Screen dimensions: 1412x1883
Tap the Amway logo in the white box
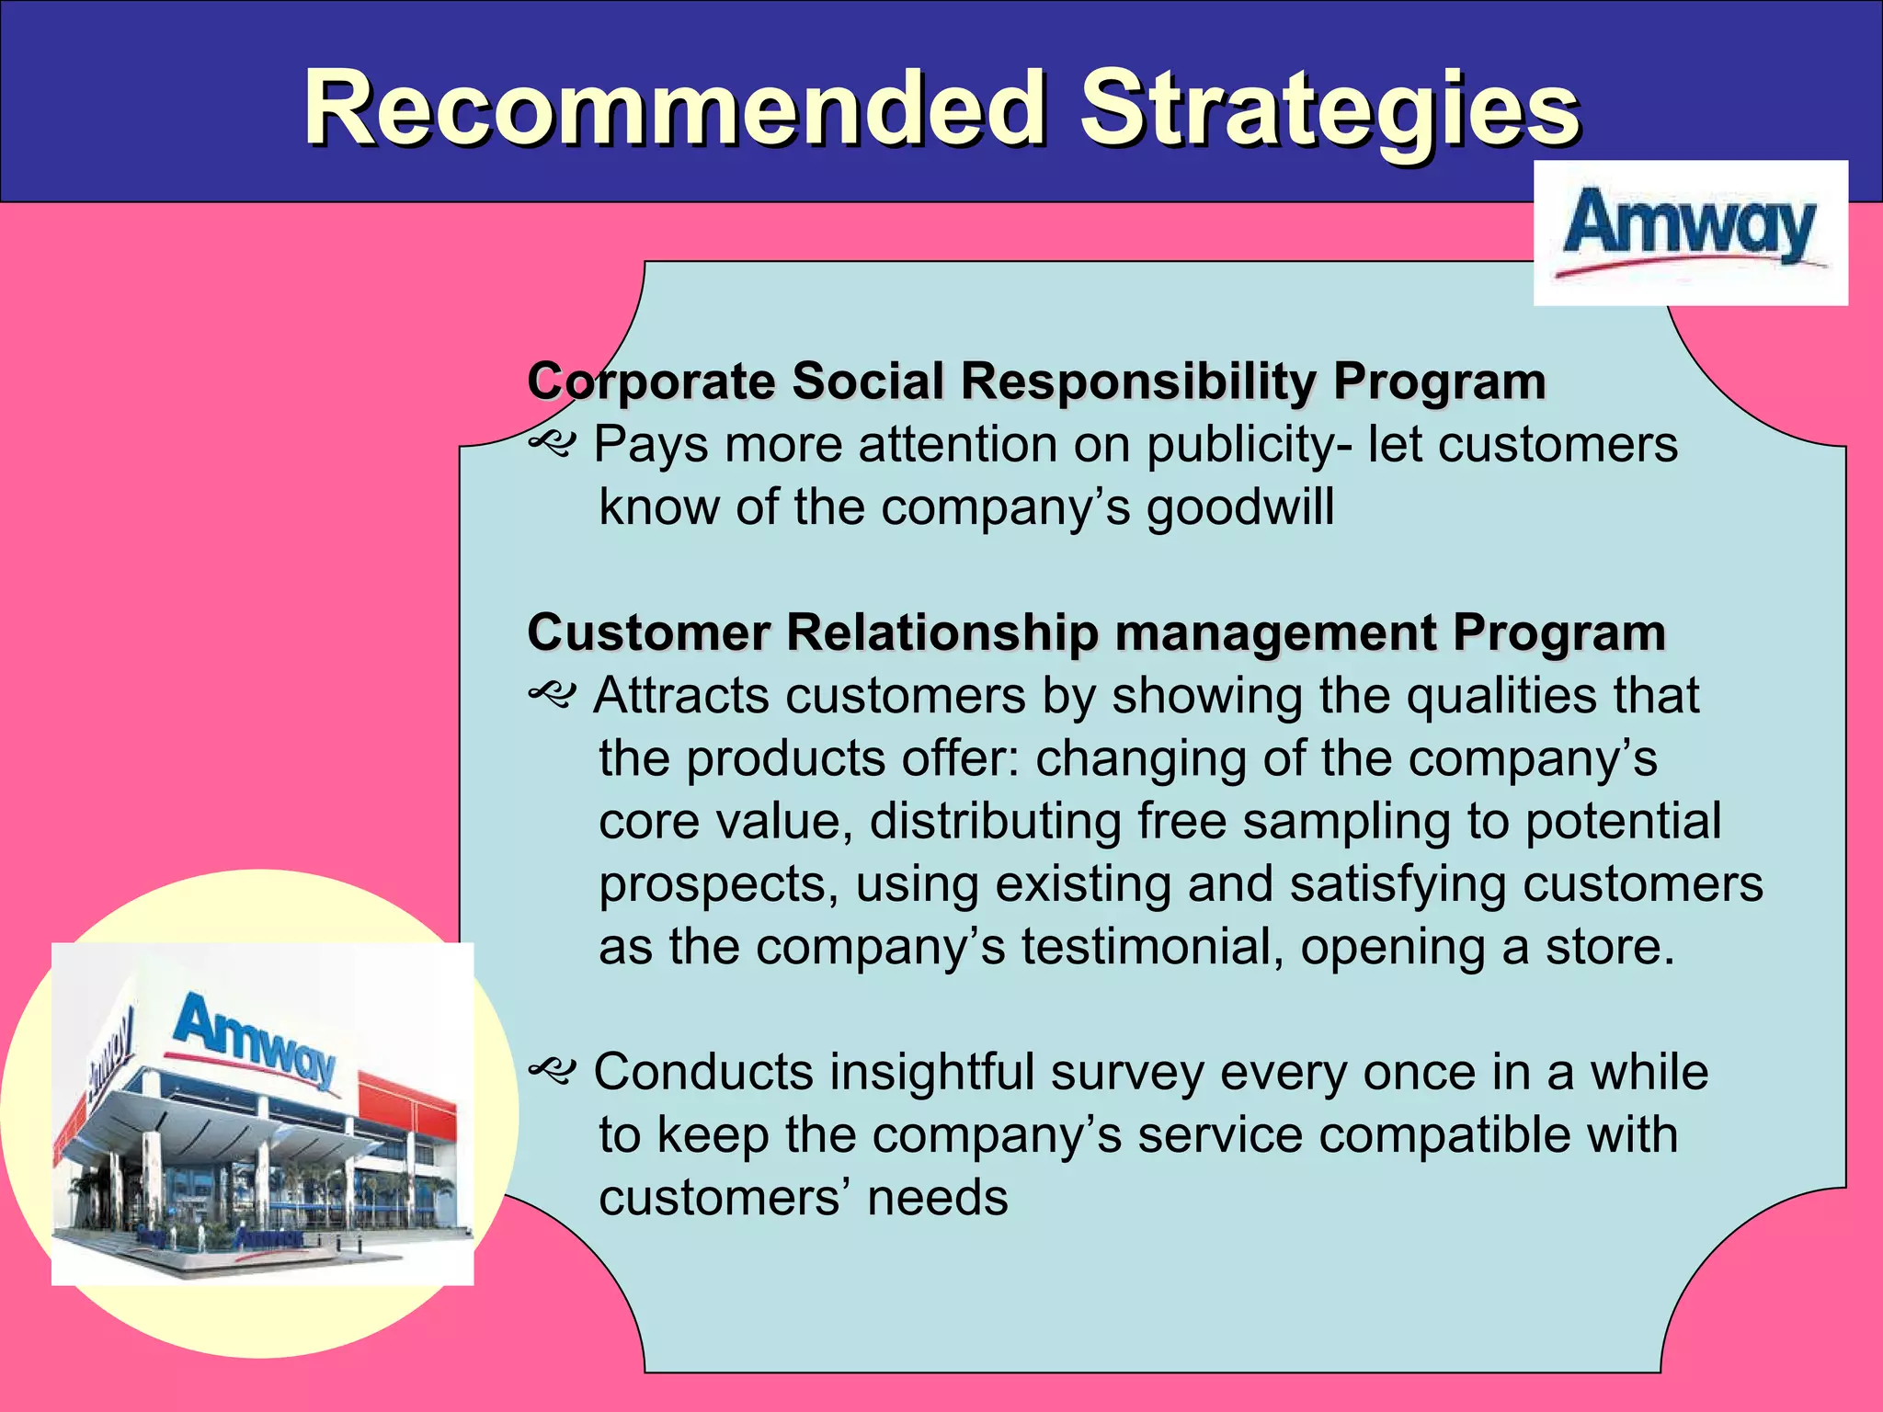coord(1690,231)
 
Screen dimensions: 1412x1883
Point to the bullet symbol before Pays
coord(552,446)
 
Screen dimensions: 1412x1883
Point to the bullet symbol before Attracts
coord(552,696)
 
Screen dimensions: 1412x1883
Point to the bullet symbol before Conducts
coord(552,1073)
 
